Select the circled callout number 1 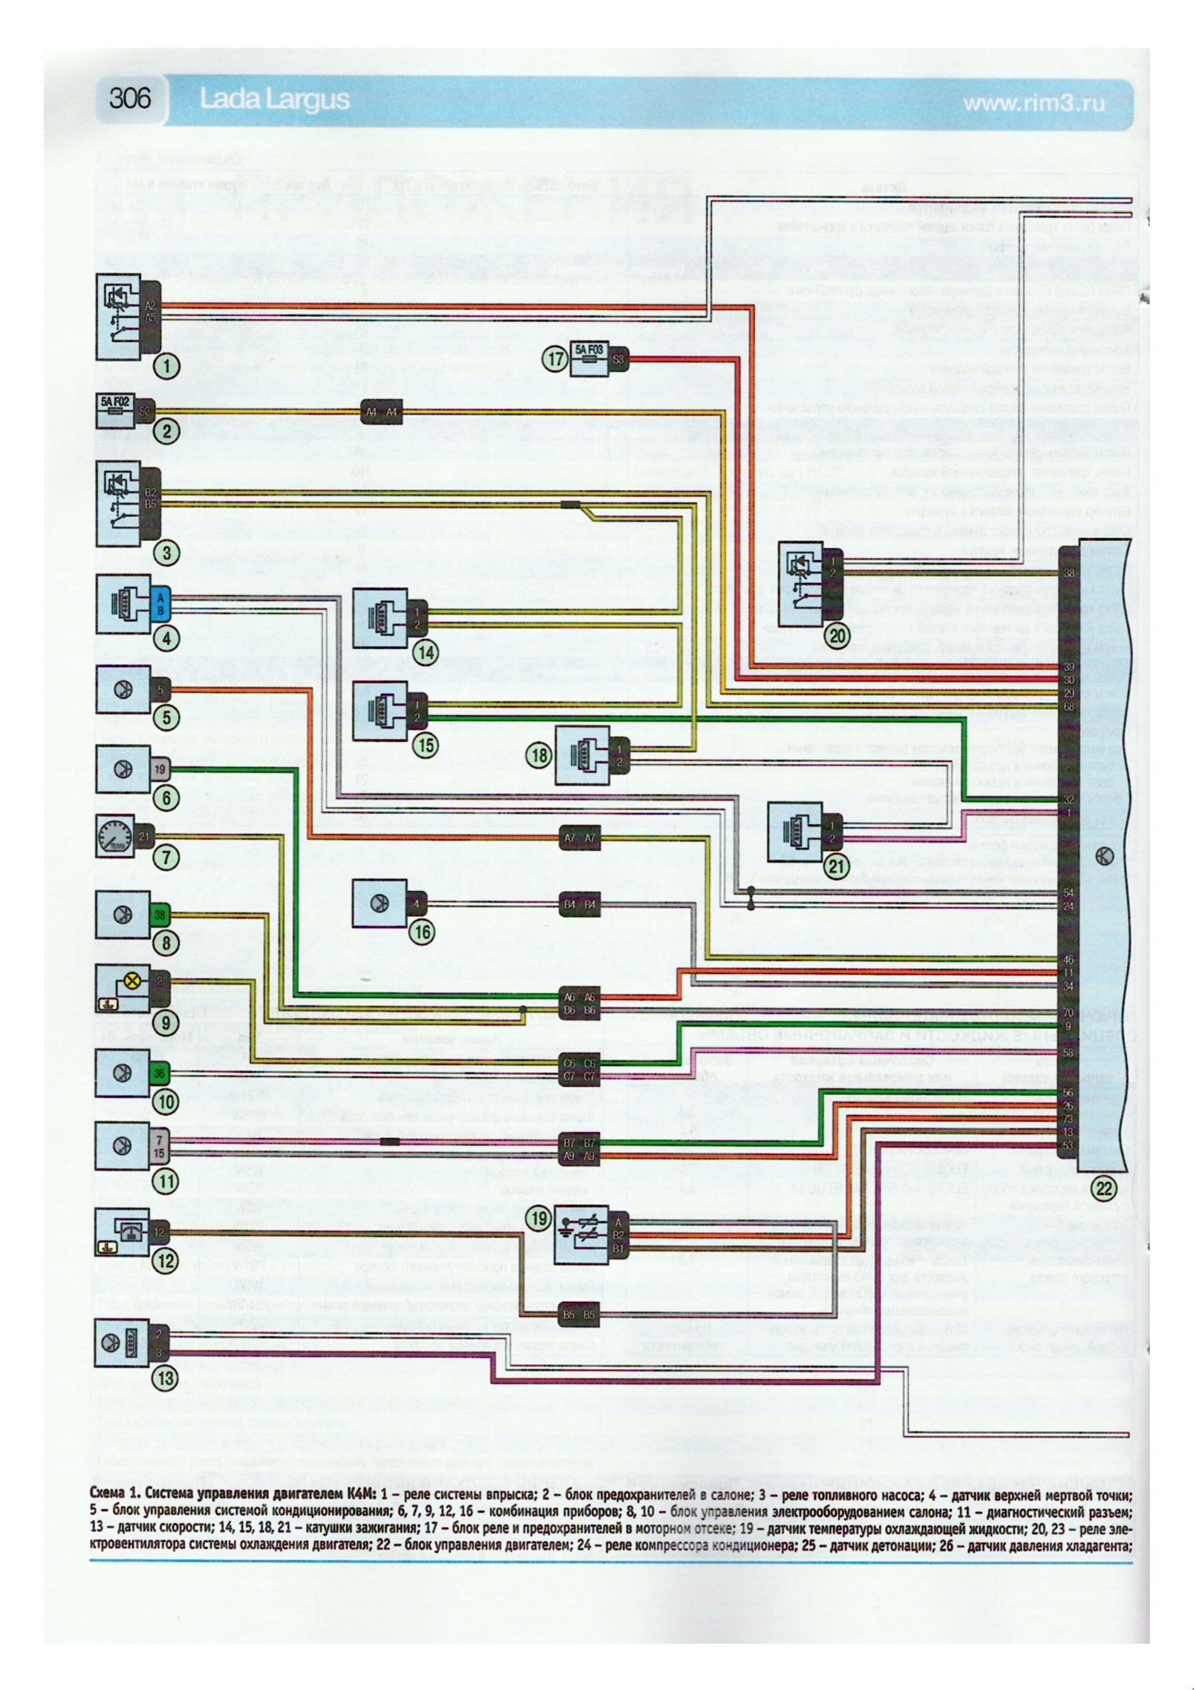click(167, 366)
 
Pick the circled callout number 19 click(540, 1218)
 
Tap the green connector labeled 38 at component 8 click(160, 915)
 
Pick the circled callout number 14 click(425, 652)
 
